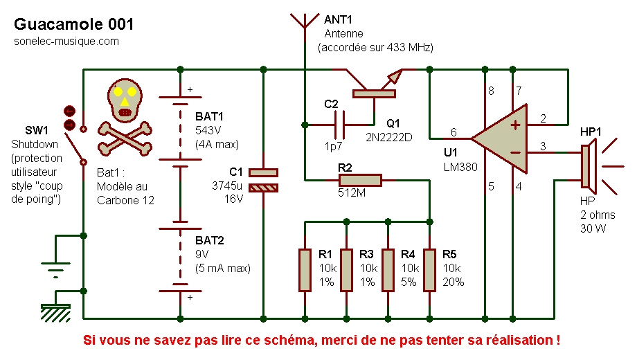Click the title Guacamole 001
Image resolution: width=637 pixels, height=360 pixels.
pyautogui.click(x=74, y=24)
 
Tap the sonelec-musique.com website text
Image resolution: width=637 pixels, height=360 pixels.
pyautogui.click(x=66, y=42)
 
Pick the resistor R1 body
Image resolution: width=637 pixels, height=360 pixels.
pyautogui.click(x=305, y=270)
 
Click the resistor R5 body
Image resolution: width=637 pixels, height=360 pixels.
pyautogui.click(x=429, y=270)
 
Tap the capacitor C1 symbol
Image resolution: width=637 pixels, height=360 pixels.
pyautogui.click(x=263, y=179)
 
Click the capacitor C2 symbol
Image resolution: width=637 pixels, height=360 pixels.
pyautogui.click(x=339, y=125)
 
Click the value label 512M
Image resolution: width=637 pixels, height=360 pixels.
pyautogui.click(x=352, y=194)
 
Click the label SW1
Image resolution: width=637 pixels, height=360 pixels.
pyautogui.click(x=36, y=130)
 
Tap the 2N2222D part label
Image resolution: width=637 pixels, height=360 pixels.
pyautogui.click(x=388, y=136)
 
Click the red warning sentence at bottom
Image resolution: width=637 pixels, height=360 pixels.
pyautogui.click(x=321, y=341)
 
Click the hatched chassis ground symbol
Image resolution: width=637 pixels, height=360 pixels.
pyautogui.click(x=55, y=311)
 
